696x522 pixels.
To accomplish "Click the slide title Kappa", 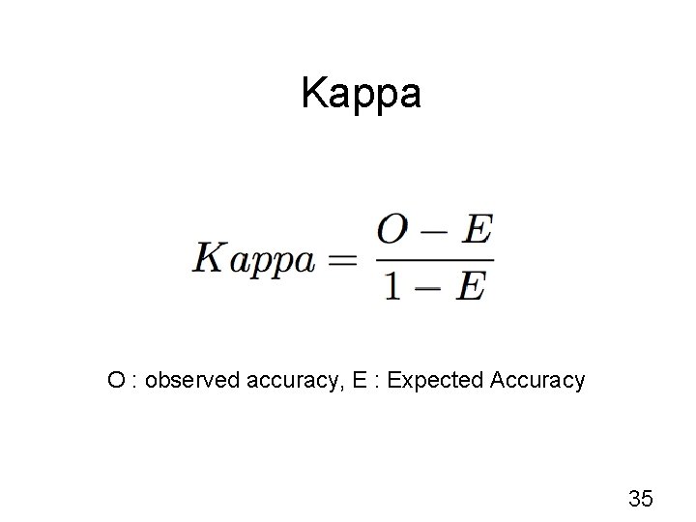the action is point(361,94).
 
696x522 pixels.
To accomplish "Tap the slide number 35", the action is point(640,499).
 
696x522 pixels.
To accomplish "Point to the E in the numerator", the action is point(475,233).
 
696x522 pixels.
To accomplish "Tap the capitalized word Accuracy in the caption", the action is point(537,381).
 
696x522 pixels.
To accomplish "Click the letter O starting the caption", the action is point(116,381).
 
